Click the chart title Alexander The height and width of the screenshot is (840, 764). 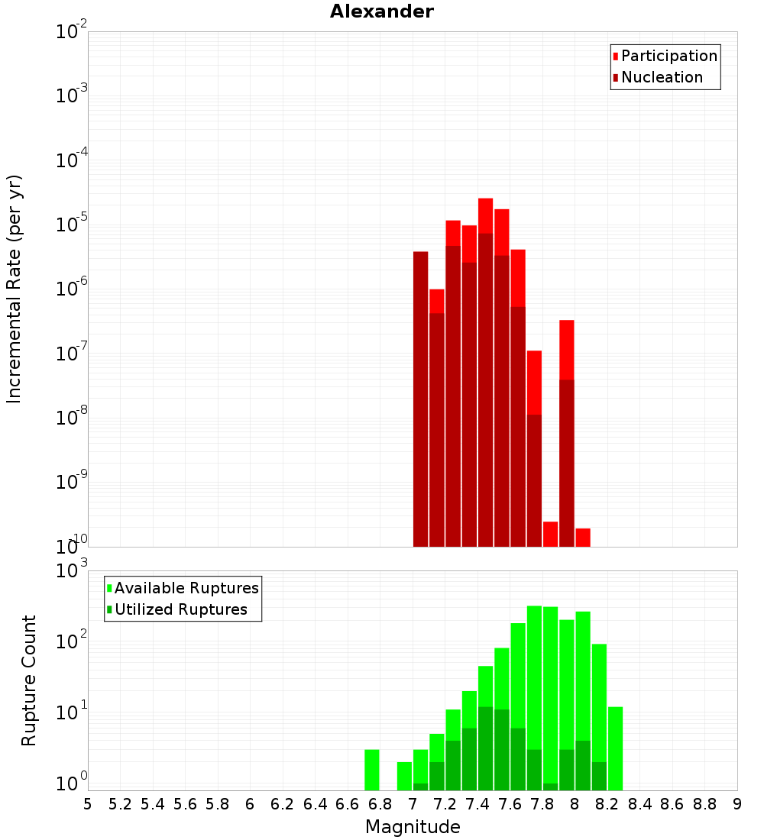[381, 11]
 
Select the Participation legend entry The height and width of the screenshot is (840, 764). [669, 56]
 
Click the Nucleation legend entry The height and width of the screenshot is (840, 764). [662, 77]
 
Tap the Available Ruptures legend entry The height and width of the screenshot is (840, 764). [186, 588]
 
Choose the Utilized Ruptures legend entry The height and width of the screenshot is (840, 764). [180, 609]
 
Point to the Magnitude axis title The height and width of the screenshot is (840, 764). [413, 827]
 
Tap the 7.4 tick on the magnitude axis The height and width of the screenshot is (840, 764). [477, 804]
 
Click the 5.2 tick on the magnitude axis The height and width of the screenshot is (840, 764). [121, 804]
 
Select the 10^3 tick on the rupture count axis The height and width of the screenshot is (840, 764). [72, 570]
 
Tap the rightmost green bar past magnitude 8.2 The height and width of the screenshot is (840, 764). [615, 748]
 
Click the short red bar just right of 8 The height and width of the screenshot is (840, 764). [583, 537]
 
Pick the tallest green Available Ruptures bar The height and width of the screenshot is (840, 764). [534, 687]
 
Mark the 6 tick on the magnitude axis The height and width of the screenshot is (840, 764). [250, 804]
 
